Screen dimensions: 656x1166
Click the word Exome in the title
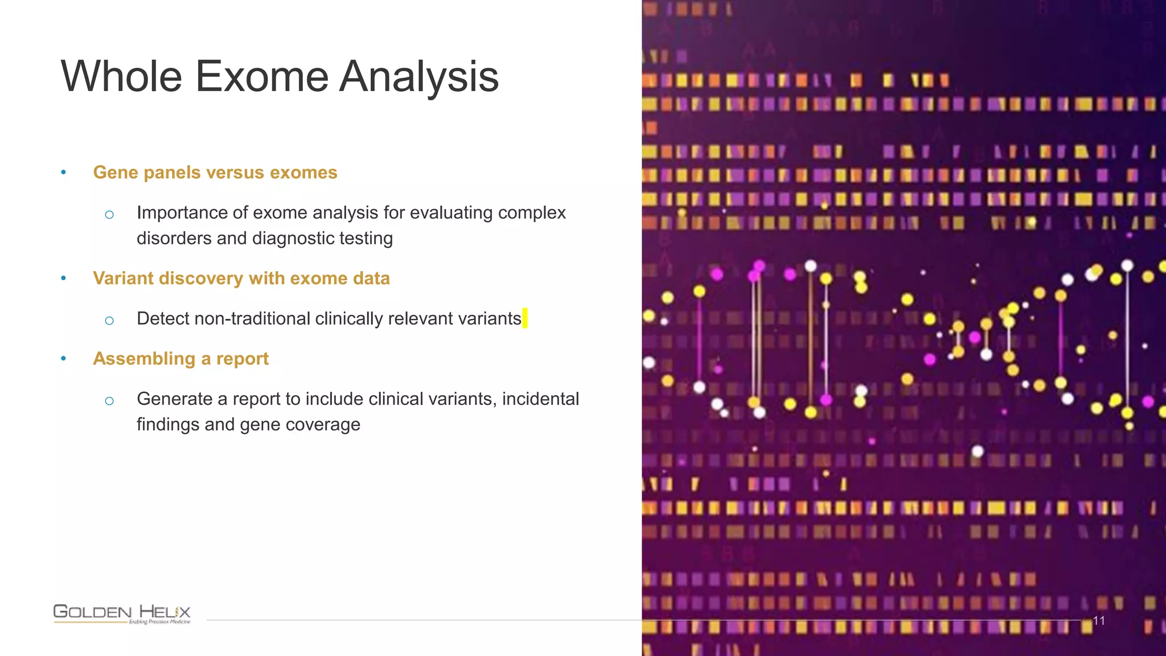coord(262,76)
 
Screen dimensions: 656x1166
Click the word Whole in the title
coord(121,76)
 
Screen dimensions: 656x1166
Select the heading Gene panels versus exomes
coord(215,172)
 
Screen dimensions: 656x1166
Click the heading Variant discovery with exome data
coord(241,278)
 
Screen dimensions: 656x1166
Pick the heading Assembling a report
coord(180,358)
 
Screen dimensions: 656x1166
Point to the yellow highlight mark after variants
coord(525,318)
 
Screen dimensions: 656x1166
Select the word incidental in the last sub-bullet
coord(540,399)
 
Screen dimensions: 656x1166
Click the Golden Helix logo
coord(122,613)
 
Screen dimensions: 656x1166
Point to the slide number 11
coord(1099,621)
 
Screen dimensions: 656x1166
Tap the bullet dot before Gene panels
coord(64,172)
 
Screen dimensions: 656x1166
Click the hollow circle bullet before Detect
coord(109,321)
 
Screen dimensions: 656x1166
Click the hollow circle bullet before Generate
coord(109,401)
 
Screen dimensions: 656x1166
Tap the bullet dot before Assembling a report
coord(64,358)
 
